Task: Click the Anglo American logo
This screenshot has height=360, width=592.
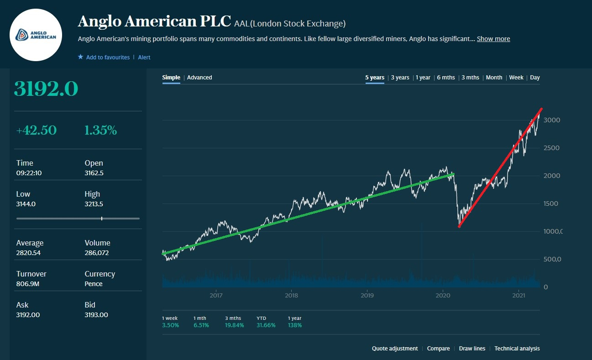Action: point(36,35)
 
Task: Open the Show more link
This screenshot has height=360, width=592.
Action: point(493,39)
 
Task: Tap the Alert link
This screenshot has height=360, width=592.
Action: point(144,57)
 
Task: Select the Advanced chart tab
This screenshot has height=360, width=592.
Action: point(199,78)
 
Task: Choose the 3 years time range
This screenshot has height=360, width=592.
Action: point(400,78)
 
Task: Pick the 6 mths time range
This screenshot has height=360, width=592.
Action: point(446,78)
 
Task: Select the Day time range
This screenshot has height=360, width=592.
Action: point(535,78)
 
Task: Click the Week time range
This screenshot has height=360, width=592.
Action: point(516,78)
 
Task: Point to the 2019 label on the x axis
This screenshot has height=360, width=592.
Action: point(367,295)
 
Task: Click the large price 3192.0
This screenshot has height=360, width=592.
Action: point(46,89)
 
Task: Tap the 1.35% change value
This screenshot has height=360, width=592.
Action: point(100,130)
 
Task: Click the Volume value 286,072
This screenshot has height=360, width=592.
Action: point(97,253)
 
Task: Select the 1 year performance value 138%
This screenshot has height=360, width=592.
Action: point(295,325)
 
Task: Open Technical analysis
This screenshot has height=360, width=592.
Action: point(517,349)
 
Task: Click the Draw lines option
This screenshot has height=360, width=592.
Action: point(472,349)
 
